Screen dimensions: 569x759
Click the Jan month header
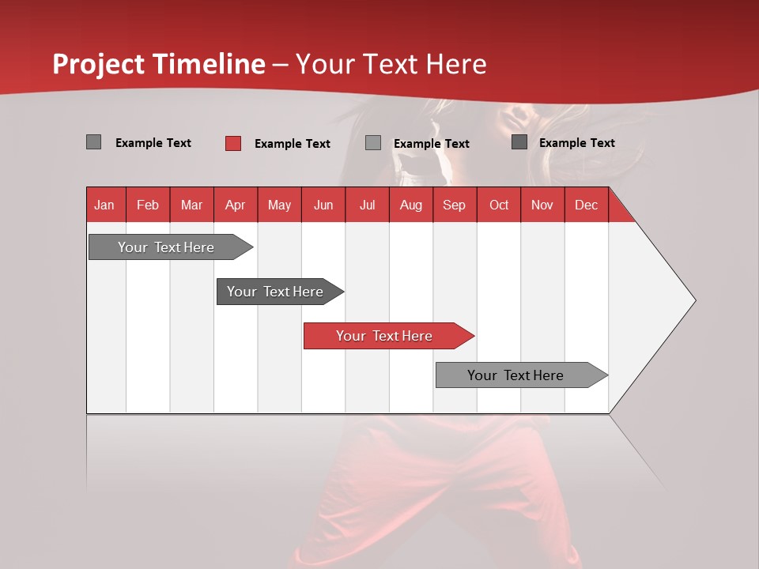click(104, 205)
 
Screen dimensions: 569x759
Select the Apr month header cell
click(235, 205)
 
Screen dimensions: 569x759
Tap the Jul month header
click(367, 205)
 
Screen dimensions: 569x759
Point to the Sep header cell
click(454, 205)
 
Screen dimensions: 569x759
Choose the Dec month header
click(586, 205)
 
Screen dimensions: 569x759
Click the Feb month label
click(148, 205)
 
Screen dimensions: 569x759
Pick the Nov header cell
click(542, 205)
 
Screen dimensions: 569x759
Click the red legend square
click(232, 143)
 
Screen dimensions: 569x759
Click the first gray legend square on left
click(93, 142)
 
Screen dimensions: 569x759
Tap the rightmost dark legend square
click(519, 142)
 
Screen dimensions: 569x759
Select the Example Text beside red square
click(292, 144)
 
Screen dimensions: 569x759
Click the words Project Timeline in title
click(158, 64)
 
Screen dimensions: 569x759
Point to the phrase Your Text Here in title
click(391, 64)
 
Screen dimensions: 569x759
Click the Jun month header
click(323, 205)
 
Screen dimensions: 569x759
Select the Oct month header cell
click(498, 205)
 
